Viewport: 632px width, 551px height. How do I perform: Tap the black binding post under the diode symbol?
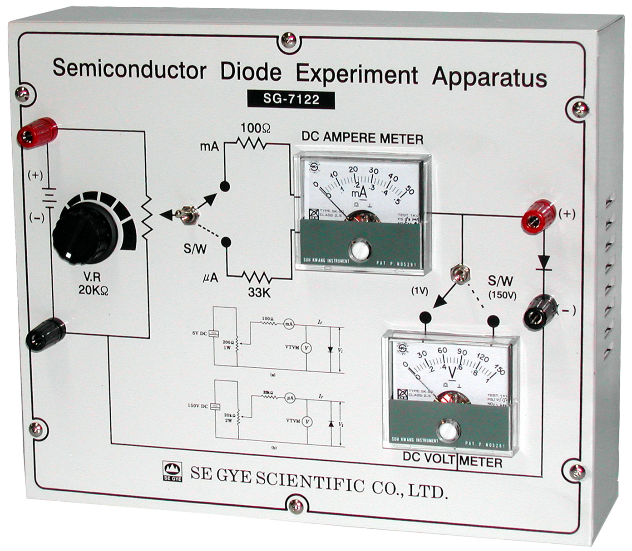540,310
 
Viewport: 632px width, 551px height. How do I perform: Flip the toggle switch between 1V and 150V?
459,275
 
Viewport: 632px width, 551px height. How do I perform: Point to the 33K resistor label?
259,293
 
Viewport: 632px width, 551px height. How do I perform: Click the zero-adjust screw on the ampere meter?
360,249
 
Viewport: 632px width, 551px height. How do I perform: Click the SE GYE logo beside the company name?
172,471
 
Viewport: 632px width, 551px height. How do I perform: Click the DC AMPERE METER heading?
362,138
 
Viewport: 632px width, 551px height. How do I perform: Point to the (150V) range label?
502,295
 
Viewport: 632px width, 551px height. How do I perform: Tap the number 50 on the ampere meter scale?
410,191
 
